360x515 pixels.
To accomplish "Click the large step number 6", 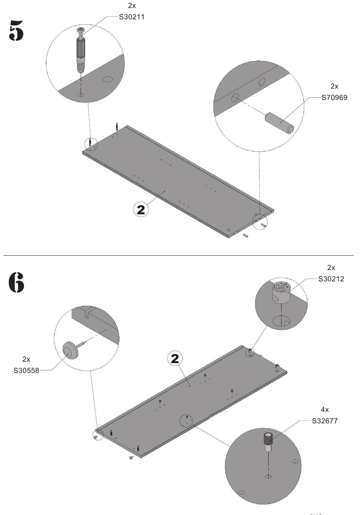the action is pyautogui.click(x=16, y=282).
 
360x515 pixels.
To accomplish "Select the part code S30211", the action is pyautogui.click(x=132, y=17).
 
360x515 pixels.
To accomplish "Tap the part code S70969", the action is pyautogui.click(x=334, y=98).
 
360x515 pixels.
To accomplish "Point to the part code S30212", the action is pyautogui.click(x=331, y=279).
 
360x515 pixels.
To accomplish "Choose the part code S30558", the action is pyautogui.click(x=26, y=371).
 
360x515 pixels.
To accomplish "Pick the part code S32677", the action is pyautogui.click(x=325, y=421).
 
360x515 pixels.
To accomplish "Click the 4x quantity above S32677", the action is pyautogui.click(x=325, y=410).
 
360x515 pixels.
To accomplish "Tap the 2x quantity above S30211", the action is pyautogui.click(x=132, y=6).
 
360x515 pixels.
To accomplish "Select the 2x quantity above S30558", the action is pyautogui.click(x=26, y=359).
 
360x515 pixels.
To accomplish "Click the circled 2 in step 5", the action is pyautogui.click(x=141, y=210).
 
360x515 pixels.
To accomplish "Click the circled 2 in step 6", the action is pyautogui.click(x=175, y=359).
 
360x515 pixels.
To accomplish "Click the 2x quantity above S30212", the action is pyautogui.click(x=331, y=268).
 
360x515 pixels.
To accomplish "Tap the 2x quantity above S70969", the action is pyautogui.click(x=334, y=86).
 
